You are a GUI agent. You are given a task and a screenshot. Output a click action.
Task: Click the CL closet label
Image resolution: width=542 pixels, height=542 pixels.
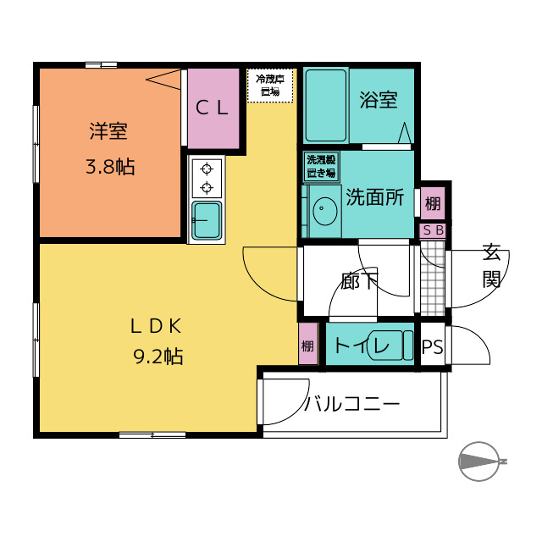pyautogui.click(x=212, y=108)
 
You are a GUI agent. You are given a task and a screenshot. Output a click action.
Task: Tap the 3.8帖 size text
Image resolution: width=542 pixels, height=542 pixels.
pyautogui.click(x=110, y=167)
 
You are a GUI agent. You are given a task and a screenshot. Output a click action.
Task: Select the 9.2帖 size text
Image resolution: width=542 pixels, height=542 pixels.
pyautogui.click(x=158, y=357)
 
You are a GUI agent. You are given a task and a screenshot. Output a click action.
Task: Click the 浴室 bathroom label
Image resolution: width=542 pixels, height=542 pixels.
pyautogui.click(x=379, y=100)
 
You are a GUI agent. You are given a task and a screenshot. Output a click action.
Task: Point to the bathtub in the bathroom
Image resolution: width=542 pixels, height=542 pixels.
pyautogui.click(x=325, y=105)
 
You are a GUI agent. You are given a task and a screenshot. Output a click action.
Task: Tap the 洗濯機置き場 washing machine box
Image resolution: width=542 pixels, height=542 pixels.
pyautogui.click(x=321, y=166)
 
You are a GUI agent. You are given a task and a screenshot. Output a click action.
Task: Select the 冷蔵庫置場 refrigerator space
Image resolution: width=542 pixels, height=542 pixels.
pyautogui.click(x=270, y=86)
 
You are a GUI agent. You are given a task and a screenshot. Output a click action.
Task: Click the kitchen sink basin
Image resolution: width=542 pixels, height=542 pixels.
pyautogui.click(x=207, y=221)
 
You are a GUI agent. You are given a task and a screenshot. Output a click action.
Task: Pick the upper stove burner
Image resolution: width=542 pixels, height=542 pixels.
pyautogui.click(x=207, y=169)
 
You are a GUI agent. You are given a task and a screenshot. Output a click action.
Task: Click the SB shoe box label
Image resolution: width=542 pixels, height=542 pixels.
pyautogui.click(x=433, y=230)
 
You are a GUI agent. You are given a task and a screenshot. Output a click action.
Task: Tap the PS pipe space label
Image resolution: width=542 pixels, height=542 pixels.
pyautogui.click(x=433, y=346)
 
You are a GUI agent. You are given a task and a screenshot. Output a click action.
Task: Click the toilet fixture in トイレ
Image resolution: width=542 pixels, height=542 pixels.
pyautogui.click(x=390, y=346)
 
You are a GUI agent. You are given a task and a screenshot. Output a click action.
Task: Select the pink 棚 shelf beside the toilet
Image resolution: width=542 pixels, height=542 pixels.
pyautogui.click(x=308, y=344)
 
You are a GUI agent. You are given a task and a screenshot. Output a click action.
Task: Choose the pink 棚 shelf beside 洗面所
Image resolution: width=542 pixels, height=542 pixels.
pyautogui.click(x=433, y=203)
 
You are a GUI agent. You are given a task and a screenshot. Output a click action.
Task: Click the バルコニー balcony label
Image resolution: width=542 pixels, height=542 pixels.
pyautogui.click(x=351, y=404)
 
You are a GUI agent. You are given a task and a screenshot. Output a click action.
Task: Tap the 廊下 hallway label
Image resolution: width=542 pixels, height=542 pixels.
pyautogui.click(x=359, y=280)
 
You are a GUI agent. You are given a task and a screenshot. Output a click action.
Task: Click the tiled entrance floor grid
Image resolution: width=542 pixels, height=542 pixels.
pyautogui.click(x=433, y=279)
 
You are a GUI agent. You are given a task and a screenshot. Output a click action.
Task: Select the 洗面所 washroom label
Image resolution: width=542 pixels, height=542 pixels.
pyautogui.click(x=375, y=197)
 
